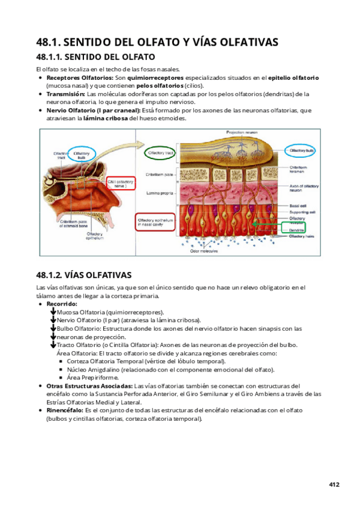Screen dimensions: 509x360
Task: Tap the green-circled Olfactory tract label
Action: tap(160, 154)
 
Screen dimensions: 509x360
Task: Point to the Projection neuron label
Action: tap(241, 131)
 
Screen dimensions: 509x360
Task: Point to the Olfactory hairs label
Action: tap(302, 236)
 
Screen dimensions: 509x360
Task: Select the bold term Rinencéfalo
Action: tap(65, 410)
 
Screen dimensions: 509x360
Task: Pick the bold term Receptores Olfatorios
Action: tap(79, 78)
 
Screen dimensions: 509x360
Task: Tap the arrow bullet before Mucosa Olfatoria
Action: tap(53, 312)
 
